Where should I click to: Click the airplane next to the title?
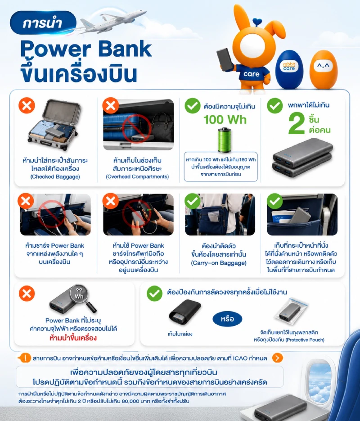(x=110, y=23)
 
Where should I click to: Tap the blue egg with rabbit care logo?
(x=289, y=69)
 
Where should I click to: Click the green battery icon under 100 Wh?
(x=225, y=140)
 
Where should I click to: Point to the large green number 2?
(x=297, y=123)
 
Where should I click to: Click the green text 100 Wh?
(x=225, y=119)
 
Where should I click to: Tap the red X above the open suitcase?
(x=27, y=105)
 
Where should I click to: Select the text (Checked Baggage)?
(x=55, y=177)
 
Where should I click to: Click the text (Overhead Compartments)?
(x=137, y=177)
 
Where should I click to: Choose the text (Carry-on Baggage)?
(x=219, y=263)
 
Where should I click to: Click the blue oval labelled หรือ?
(x=228, y=319)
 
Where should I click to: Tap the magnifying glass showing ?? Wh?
(x=82, y=298)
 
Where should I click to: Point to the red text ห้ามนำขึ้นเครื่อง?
(x=73, y=338)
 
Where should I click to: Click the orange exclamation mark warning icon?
(x=25, y=358)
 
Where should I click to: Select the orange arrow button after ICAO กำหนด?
(x=277, y=358)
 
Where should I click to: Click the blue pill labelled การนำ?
(x=43, y=23)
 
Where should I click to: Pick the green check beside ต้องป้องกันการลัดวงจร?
(x=154, y=293)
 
